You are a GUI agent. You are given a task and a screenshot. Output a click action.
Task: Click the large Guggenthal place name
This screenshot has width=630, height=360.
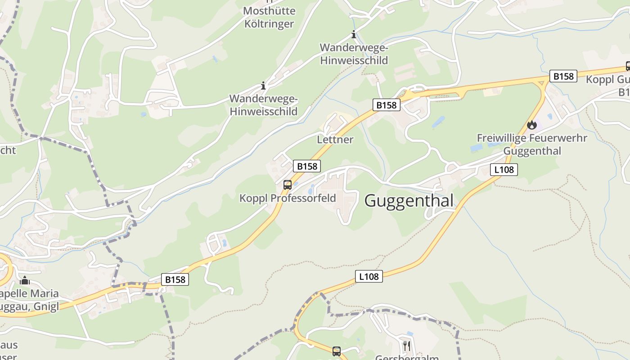(x=409, y=201)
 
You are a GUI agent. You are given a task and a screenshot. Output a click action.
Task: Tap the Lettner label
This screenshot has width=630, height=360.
(x=335, y=139)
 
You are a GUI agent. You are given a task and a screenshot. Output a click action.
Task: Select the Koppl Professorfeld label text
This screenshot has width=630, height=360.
(x=288, y=198)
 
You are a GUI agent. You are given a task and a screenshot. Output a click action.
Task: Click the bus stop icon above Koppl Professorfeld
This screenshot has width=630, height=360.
(x=287, y=184)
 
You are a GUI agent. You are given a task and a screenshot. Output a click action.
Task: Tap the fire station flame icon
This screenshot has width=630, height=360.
(x=532, y=125)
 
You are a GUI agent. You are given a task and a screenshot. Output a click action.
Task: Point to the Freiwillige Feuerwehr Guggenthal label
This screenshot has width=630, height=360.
(x=532, y=144)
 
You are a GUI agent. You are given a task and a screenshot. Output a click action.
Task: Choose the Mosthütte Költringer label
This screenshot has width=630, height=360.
(x=269, y=17)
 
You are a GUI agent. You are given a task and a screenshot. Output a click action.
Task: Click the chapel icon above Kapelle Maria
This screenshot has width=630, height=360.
(x=25, y=281)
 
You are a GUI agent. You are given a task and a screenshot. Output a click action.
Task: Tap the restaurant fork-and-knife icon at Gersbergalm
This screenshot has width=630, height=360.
(x=406, y=346)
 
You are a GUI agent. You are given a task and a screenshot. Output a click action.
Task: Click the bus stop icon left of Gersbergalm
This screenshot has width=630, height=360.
(x=336, y=351)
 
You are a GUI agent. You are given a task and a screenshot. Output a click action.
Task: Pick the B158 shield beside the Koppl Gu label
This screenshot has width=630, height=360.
(x=563, y=76)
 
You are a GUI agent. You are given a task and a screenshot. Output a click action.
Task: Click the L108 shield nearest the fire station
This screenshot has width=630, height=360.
(x=504, y=170)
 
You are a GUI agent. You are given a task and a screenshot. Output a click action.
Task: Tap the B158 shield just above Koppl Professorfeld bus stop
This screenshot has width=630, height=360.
(x=307, y=166)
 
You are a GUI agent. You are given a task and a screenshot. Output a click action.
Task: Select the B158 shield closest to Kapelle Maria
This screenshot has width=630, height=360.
(x=175, y=279)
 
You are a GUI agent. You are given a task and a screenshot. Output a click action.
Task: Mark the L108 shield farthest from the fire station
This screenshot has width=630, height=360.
(x=369, y=276)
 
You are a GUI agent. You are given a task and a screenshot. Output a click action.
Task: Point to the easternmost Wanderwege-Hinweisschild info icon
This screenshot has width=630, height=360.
(x=354, y=35)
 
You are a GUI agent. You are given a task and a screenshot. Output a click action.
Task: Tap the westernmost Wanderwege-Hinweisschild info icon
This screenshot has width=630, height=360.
(x=263, y=85)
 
